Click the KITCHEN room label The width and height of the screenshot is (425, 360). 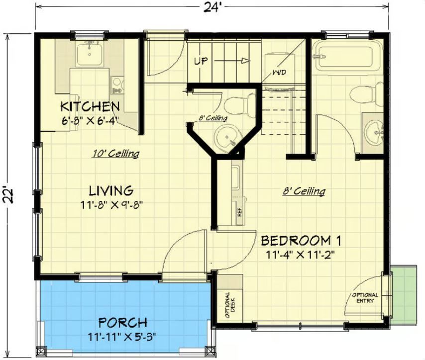90,106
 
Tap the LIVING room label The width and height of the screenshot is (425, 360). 111,191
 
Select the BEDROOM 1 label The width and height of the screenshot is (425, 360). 301,241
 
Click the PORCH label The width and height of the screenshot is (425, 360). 123,323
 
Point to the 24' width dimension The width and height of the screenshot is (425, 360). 212,8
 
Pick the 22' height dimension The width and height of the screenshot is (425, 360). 8,195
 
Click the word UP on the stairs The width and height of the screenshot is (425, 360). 201,61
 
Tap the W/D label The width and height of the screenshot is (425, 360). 279,73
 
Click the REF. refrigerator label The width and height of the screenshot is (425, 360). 239,211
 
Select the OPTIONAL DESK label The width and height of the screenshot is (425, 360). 230,305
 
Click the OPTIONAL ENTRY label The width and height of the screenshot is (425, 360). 365,298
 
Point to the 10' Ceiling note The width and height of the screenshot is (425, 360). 116,154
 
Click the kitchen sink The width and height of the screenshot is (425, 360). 90,53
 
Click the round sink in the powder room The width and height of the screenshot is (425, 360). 226,137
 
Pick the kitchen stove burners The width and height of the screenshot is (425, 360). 117,85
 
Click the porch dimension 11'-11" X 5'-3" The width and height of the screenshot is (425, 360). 122,338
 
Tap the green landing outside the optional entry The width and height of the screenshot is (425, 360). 405,295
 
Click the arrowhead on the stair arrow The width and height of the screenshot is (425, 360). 246,61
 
